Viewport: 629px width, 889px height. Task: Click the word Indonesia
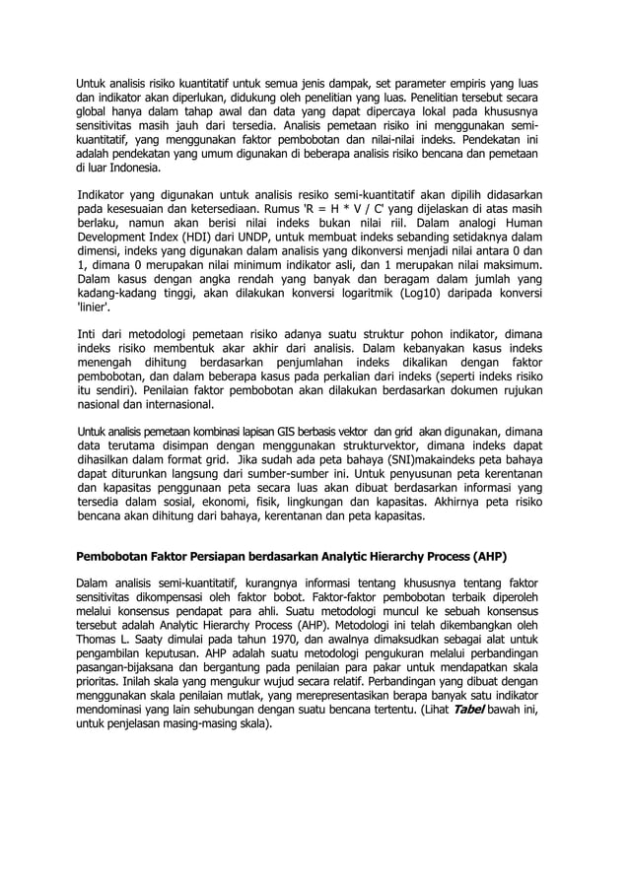tap(142, 168)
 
